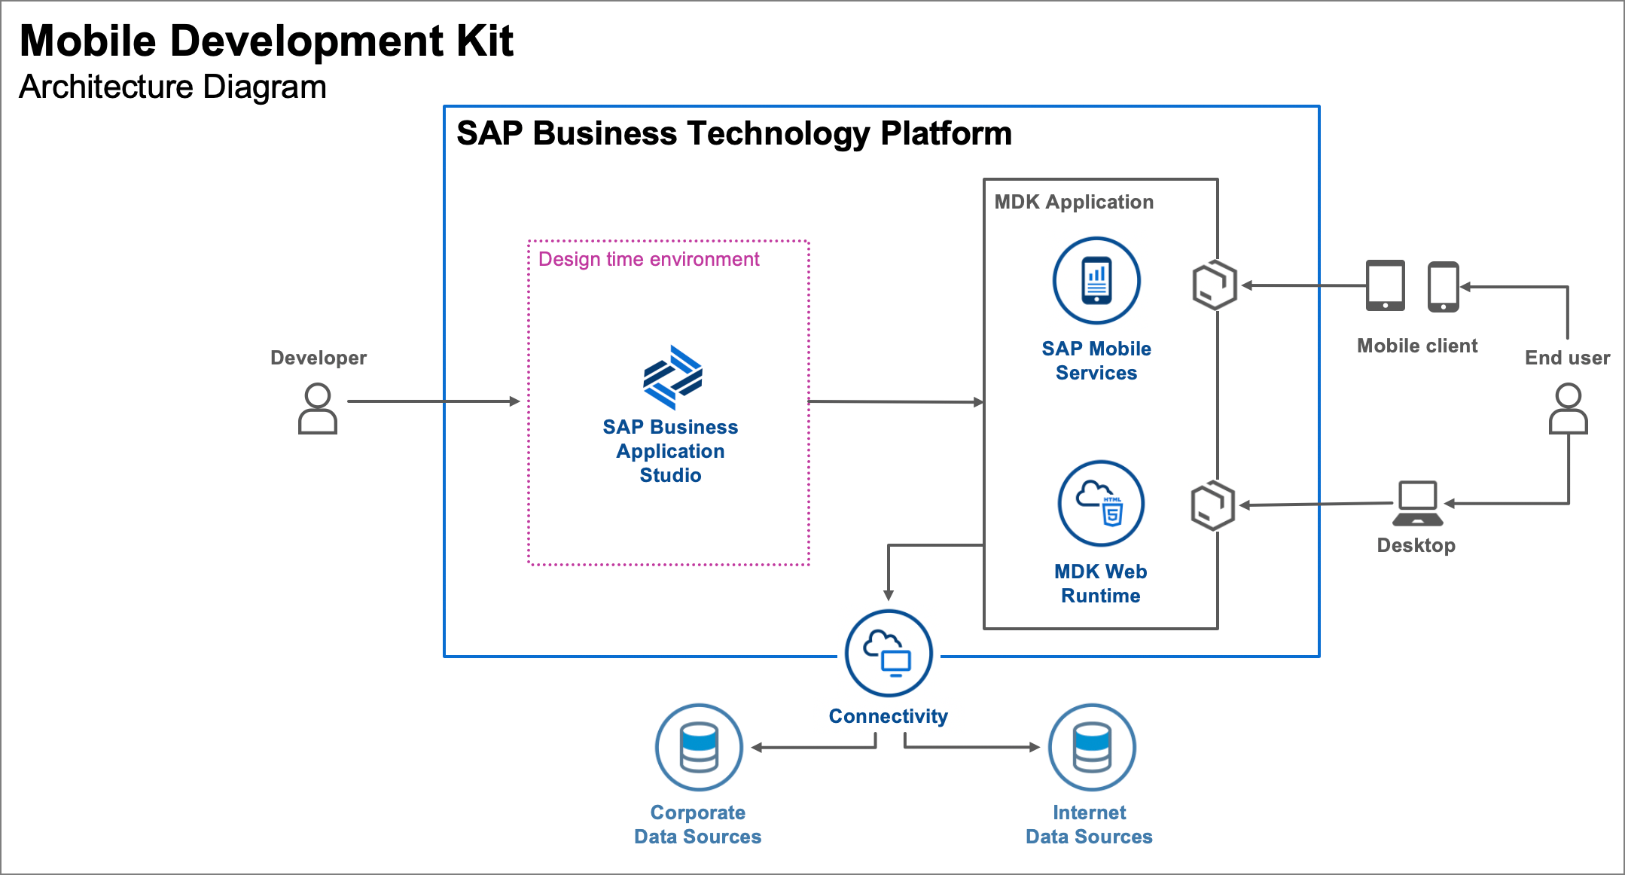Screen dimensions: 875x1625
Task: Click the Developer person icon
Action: tap(317, 408)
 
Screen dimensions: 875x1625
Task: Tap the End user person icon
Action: tap(1568, 408)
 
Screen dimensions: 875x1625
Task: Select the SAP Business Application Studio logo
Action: tap(672, 377)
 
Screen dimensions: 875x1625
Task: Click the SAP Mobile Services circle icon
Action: tap(1096, 281)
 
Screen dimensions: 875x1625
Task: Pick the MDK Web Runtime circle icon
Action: tap(1101, 503)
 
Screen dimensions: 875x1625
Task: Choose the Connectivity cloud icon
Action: tap(889, 653)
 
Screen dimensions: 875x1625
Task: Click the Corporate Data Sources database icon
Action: tap(699, 747)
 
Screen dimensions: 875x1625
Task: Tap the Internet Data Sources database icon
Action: tap(1092, 747)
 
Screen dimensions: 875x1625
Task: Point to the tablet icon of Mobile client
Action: tap(1385, 285)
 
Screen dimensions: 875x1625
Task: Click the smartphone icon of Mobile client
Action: tap(1443, 286)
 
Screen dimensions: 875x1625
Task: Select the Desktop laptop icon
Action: tap(1417, 503)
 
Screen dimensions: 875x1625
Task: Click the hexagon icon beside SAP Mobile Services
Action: tap(1215, 285)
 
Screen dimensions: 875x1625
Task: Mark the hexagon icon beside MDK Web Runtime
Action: tap(1212, 505)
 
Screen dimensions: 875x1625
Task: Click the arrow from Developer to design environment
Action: tap(433, 401)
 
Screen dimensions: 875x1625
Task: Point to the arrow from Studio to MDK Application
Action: tap(896, 401)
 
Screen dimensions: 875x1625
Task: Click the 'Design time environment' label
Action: tap(648, 259)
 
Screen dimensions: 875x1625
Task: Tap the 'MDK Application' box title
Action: tap(1074, 202)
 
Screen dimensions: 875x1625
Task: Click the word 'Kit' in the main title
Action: tap(485, 41)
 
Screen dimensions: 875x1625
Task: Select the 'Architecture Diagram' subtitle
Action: tap(172, 87)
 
